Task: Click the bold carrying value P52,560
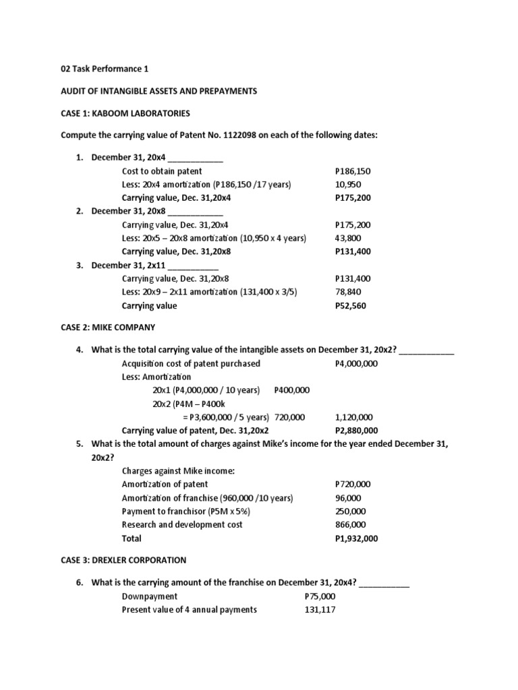351,305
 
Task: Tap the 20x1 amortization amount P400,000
292,390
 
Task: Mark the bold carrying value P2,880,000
356,431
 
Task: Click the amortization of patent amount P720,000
353,484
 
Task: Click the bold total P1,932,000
356,538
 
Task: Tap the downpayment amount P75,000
320,596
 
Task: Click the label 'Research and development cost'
182,524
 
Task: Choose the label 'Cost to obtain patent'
162,171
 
